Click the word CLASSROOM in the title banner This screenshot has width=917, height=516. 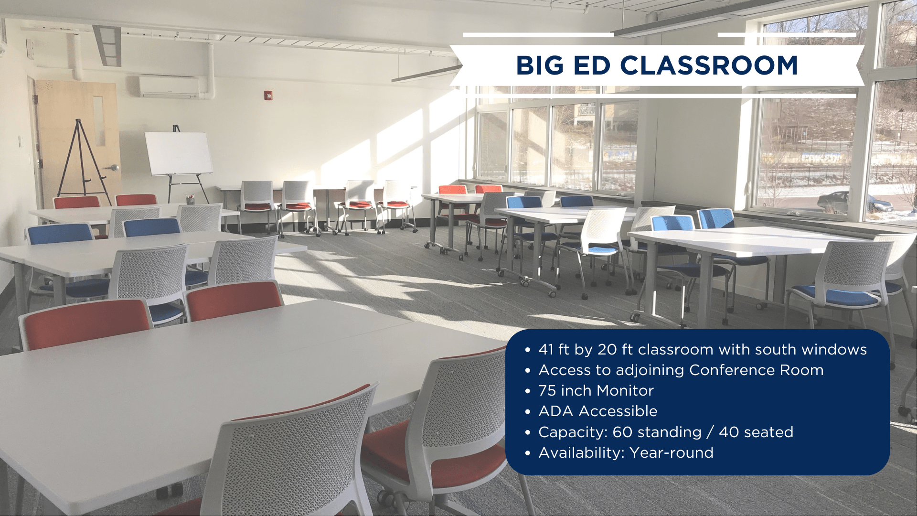tap(709, 65)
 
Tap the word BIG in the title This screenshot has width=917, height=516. tap(539, 65)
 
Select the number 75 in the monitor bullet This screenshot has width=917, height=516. tap(547, 391)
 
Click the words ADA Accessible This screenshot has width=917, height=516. tap(598, 411)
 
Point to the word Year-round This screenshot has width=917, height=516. tap(672, 452)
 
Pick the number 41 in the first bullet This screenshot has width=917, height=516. tap(546, 350)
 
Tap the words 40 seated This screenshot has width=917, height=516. tap(756, 432)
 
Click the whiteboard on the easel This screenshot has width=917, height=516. tap(179, 153)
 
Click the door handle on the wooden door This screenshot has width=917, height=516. tap(114, 168)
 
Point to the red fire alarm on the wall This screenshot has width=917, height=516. tap(269, 96)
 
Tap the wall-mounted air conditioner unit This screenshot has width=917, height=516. tap(169, 87)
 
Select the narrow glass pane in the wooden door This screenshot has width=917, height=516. tap(99, 120)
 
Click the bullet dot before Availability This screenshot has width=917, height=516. tap(527, 453)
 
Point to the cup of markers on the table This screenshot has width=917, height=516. tap(190, 199)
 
